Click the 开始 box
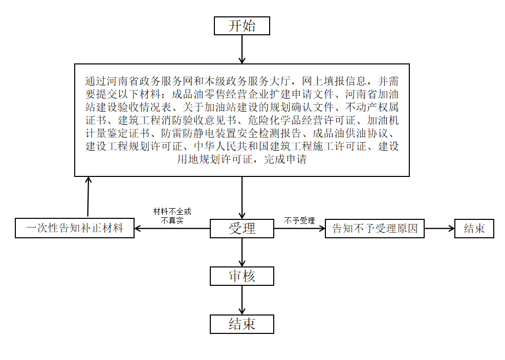(x=242, y=26)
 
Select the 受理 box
(x=242, y=229)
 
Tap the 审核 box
(x=242, y=276)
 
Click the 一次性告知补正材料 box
(x=75, y=228)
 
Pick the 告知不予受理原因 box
(x=375, y=229)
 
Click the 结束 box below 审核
(x=242, y=324)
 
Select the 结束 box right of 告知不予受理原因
(x=474, y=229)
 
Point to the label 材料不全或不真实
(x=172, y=216)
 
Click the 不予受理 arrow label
(x=299, y=220)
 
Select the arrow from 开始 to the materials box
(x=242, y=49)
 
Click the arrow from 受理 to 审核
(x=242, y=253)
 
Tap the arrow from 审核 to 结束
(x=242, y=300)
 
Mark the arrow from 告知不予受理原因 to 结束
(x=440, y=229)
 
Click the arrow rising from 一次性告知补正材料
(x=88, y=197)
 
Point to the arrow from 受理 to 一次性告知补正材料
(x=172, y=229)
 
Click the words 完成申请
(x=285, y=160)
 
